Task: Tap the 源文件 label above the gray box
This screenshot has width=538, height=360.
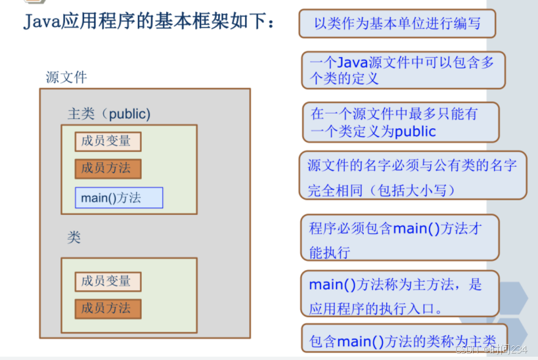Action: [x=66, y=77]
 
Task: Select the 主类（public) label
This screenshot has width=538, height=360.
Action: [x=109, y=114]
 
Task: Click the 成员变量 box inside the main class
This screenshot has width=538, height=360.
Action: [x=108, y=141]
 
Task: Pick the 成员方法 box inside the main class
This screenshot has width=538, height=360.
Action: [x=108, y=168]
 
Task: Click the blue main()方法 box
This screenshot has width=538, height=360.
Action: [x=119, y=198]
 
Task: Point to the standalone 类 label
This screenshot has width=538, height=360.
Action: [x=74, y=237]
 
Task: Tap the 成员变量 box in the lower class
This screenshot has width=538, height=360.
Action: [x=108, y=281]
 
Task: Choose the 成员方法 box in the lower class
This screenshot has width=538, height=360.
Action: [x=108, y=307]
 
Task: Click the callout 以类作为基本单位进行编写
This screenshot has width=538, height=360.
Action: [x=397, y=24]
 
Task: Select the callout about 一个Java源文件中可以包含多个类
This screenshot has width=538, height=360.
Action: [x=403, y=70]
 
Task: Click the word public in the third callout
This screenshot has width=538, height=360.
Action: [x=415, y=131]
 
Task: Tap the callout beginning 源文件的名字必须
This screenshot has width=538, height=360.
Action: [x=412, y=175]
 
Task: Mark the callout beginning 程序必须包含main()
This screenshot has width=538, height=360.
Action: [x=399, y=238]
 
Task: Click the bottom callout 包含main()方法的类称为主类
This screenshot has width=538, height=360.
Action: [x=403, y=341]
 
